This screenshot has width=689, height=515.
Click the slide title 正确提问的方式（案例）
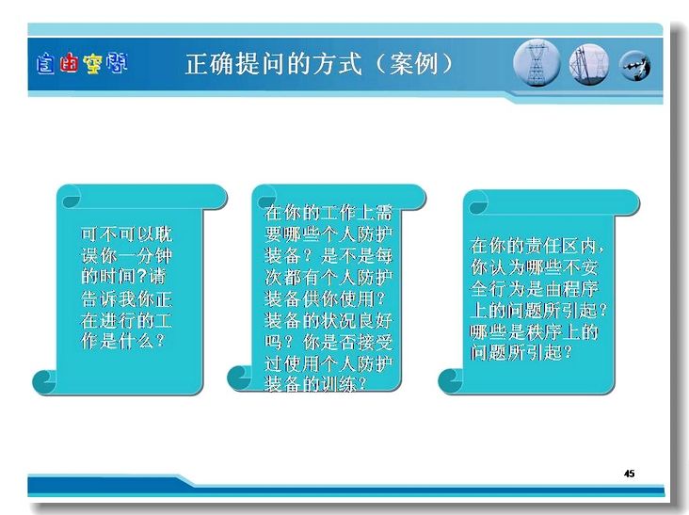(x=319, y=64)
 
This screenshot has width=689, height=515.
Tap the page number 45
(x=629, y=474)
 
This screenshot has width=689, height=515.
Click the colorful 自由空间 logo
(x=82, y=64)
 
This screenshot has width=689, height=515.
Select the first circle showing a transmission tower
(x=537, y=62)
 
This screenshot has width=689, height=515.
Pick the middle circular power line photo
(x=589, y=64)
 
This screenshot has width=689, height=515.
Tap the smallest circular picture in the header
(x=635, y=66)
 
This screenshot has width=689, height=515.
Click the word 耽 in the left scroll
(x=164, y=234)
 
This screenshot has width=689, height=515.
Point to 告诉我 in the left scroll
(x=108, y=299)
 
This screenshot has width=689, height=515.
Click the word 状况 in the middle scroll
(x=339, y=321)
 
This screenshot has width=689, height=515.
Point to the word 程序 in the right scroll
(x=579, y=289)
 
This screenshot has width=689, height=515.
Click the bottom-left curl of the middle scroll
(x=238, y=378)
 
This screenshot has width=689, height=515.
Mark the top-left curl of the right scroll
(x=477, y=203)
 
